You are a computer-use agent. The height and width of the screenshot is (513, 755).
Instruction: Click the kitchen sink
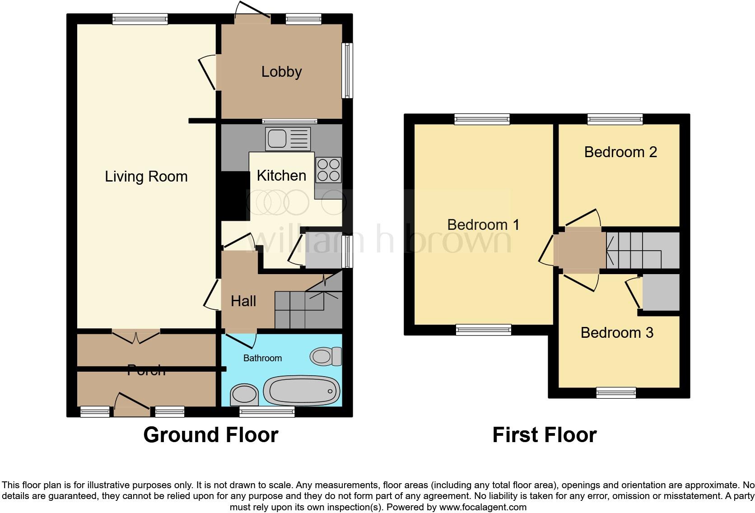[x=288, y=139]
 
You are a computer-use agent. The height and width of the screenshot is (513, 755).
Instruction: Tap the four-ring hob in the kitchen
[x=328, y=170]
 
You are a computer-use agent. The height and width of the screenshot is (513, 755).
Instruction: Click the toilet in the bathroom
[x=326, y=356]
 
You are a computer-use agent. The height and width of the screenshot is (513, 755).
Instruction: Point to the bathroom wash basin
[x=244, y=395]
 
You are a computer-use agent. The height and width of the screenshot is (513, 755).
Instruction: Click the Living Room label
[x=146, y=177]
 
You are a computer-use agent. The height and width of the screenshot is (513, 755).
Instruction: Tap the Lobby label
[x=281, y=72]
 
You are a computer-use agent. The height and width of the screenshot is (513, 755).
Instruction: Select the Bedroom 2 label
[x=620, y=152]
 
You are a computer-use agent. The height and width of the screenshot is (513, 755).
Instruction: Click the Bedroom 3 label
[x=617, y=333]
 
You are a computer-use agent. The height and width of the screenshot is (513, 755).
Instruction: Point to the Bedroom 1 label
[x=483, y=225]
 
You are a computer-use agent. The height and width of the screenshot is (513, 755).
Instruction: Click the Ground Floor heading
[x=210, y=435]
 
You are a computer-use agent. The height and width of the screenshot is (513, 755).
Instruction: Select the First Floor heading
[x=544, y=435]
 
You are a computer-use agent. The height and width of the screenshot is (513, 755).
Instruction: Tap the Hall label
[x=243, y=301]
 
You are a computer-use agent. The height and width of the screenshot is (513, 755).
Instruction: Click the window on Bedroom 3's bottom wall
[x=616, y=392]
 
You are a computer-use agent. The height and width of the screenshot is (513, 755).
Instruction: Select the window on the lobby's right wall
[x=347, y=70]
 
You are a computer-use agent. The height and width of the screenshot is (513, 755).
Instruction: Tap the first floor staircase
[x=641, y=251]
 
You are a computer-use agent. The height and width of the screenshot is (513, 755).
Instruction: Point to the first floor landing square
[x=580, y=250]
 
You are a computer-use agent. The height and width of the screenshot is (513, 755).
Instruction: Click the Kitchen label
[x=281, y=176]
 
